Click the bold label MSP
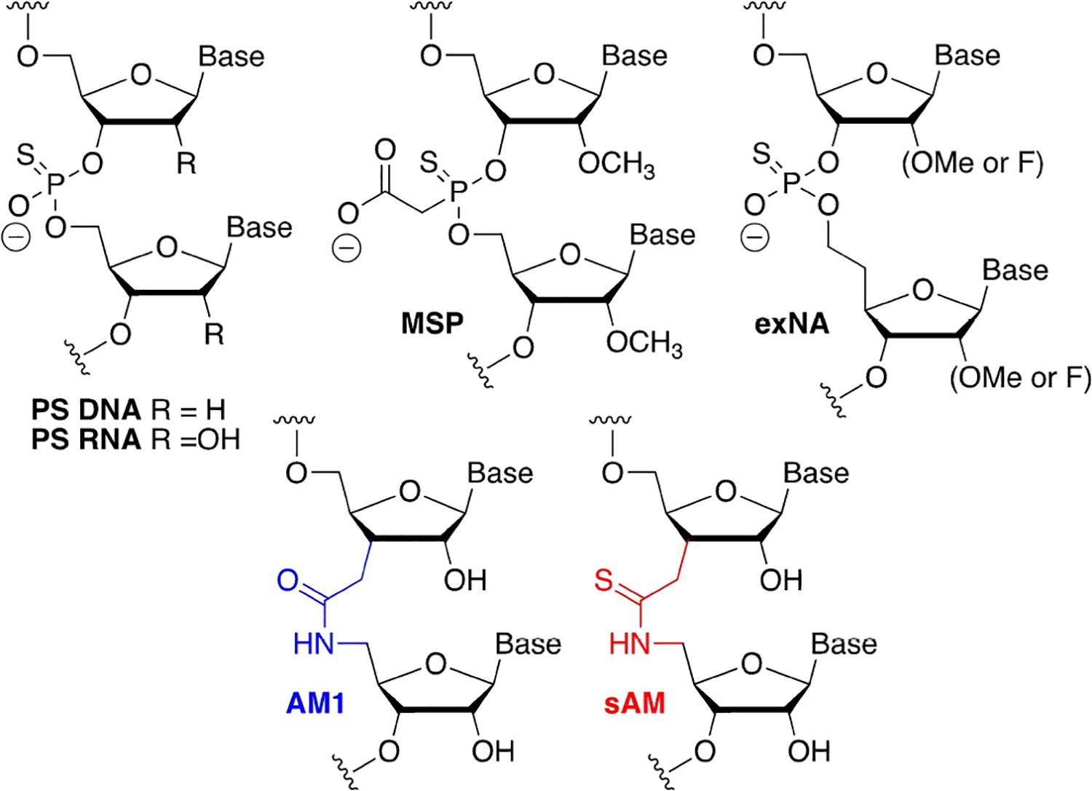pyautogui.click(x=432, y=323)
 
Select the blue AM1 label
pyautogui.click(x=312, y=704)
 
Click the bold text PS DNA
pyautogui.click(x=86, y=411)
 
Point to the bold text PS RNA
pyautogui.click(x=86, y=440)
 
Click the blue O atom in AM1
pyautogui.click(x=287, y=581)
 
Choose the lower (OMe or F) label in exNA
pyautogui.click(x=1020, y=378)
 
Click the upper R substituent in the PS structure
pyautogui.click(x=186, y=165)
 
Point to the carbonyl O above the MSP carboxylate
pyautogui.click(x=385, y=151)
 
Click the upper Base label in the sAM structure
pyautogui.click(x=816, y=473)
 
